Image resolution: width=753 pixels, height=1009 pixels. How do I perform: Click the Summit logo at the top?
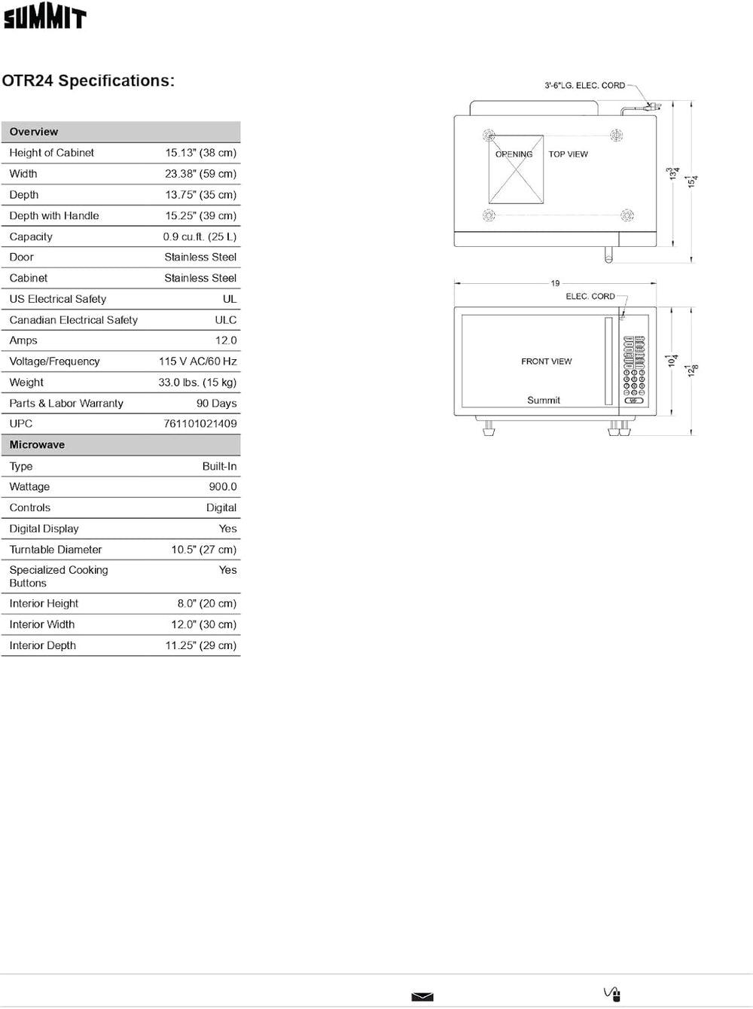coord(45,17)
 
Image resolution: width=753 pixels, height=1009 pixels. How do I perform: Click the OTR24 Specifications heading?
coord(88,81)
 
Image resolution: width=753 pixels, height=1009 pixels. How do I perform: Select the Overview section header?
coord(34,132)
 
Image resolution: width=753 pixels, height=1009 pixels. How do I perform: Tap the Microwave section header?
coord(37,445)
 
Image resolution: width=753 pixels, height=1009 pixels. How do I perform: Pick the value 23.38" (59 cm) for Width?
coord(200,174)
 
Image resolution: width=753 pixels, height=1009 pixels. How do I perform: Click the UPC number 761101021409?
coord(200,424)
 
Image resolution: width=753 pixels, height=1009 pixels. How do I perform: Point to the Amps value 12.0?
coord(226,340)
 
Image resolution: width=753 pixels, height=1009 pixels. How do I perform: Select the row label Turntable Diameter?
coord(56,550)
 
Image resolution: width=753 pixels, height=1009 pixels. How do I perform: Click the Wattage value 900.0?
coord(223,487)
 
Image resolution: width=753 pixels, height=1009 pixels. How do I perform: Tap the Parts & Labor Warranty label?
coord(66,404)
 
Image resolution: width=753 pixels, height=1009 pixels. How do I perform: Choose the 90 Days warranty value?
coord(217,404)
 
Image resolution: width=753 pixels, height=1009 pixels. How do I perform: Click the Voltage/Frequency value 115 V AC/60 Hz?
coord(198,361)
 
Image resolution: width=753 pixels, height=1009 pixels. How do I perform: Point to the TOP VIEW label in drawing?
coord(569,154)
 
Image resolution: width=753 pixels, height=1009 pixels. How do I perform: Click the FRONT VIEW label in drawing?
coord(547,361)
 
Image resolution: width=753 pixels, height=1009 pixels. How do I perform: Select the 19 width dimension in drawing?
coord(555,284)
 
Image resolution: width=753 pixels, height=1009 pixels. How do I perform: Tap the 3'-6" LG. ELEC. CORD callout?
coord(585,86)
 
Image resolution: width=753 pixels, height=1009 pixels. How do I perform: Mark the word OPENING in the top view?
coord(514,154)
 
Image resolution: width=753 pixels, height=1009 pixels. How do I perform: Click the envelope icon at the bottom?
coord(422,997)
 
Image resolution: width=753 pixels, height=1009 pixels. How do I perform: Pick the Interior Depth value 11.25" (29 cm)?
coord(201,646)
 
